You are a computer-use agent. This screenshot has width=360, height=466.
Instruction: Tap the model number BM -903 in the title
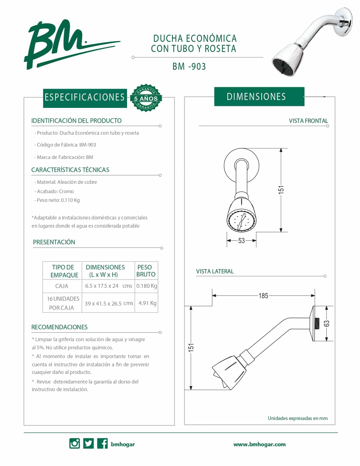189,67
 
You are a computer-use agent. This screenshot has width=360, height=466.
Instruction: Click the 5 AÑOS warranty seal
146,98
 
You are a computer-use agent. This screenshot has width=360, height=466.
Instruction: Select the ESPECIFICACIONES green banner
85,97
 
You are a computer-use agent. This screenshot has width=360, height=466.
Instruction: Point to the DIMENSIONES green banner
259,97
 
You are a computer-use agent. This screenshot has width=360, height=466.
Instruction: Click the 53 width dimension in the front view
241,241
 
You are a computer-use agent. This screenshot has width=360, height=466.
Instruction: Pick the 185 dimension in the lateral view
263,296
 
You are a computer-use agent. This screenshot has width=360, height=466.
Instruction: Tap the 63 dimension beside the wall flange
327,323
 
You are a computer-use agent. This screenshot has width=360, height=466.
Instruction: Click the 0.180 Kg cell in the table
147,286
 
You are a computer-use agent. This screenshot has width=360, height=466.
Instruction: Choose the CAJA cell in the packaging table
62,286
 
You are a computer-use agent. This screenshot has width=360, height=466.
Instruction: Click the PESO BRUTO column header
146,271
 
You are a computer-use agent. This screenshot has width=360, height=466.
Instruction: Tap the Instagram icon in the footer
75,444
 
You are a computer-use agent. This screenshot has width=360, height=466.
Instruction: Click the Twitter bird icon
89,444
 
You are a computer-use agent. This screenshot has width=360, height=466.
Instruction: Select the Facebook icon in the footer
102,444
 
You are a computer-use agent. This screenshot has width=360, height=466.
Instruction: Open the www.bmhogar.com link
259,444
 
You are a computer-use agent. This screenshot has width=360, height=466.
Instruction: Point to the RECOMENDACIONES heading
59,327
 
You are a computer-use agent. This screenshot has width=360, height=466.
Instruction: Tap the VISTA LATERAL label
215,271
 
